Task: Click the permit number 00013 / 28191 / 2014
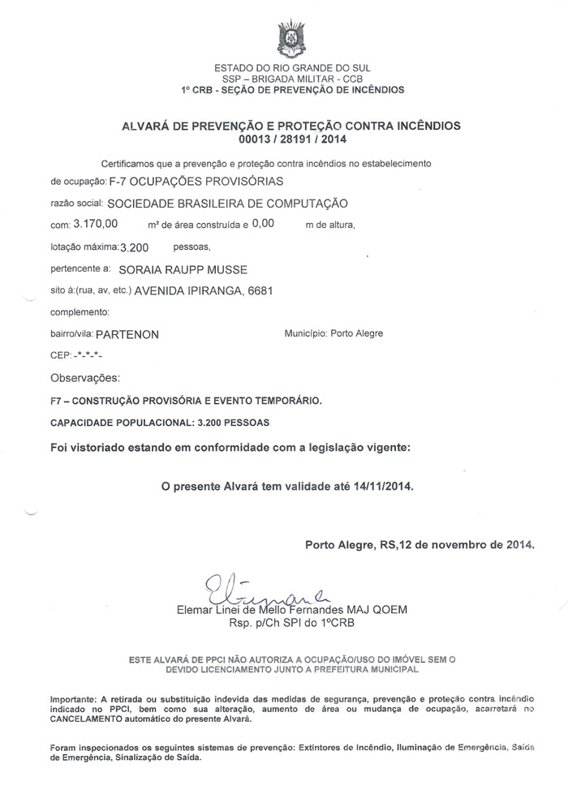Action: pos(291,139)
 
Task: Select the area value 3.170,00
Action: pos(96,223)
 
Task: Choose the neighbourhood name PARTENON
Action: pos(127,333)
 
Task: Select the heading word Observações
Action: pos(85,378)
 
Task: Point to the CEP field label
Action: pos(61,355)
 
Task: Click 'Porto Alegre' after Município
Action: pos(357,333)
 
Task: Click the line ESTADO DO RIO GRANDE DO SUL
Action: pos(291,67)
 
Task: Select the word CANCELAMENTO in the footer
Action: pos(89,719)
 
